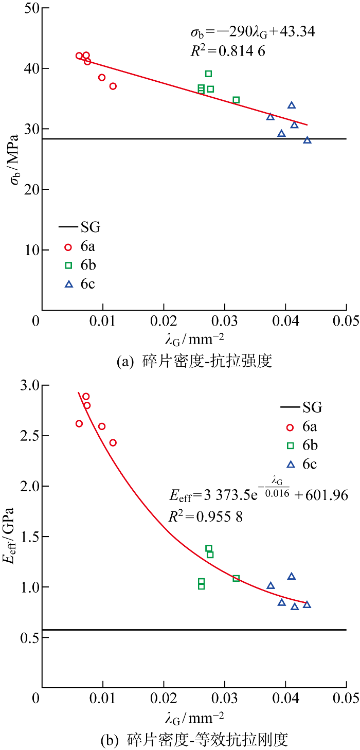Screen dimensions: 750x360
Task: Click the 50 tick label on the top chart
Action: pos(29,8)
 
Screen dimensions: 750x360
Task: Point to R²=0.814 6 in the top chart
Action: pos(227,51)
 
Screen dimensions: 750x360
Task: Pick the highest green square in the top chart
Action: pos(208,74)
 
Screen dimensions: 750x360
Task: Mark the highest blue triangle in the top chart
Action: pos(292,105)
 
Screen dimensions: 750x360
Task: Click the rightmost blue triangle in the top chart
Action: pos(308,140)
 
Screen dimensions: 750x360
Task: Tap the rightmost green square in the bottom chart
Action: pos(236,578)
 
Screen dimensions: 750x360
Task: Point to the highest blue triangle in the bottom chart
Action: pos(292,576)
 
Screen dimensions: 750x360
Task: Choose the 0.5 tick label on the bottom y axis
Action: pos(25,637)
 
